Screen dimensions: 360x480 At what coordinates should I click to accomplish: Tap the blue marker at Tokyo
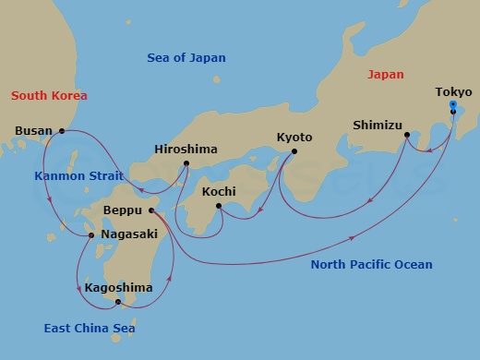tap(452, 105)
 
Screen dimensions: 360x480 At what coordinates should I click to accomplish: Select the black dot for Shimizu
tap(407, 136)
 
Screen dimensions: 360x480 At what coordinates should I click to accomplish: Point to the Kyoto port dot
tap(294, 151)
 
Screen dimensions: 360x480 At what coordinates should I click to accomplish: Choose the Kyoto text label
tap(295, 138)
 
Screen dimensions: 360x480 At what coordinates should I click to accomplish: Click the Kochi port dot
tap(219, 206)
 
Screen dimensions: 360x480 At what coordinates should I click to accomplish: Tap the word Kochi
tap(220, 193)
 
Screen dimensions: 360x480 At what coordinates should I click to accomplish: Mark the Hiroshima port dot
tap(186, 164)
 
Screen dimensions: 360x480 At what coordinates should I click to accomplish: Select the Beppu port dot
tap(151, 210)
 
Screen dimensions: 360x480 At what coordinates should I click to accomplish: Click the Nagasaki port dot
tap(91, 235)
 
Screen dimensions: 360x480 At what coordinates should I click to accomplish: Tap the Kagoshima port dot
tap(118, 301)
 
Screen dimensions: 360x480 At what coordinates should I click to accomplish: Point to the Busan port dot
tap(62, 131)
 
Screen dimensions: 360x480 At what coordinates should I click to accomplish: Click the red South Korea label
tap(48, 95)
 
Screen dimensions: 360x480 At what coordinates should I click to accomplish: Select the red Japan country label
tap(386, 74)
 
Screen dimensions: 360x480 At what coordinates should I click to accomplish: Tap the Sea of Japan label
tap(186, 58)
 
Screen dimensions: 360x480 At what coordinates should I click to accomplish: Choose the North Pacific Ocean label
tap(370, 265)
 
